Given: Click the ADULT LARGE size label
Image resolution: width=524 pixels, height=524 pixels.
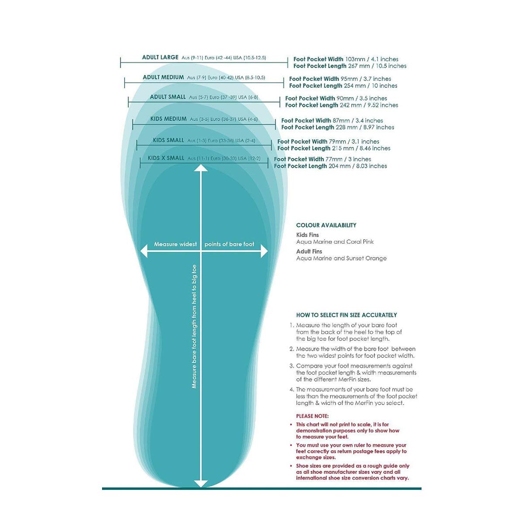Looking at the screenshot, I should click(160, 58).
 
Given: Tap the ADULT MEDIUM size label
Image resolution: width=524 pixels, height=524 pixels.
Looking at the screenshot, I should click(163, 78).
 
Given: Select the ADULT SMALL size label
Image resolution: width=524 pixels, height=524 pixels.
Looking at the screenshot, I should click(168, 97).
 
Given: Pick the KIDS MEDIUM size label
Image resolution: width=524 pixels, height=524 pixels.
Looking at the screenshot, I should click(169, 119).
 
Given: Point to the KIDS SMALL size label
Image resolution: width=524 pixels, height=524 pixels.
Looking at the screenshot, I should click(169, 140).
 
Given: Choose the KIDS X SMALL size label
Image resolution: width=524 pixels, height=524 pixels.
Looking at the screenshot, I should click(166, 158).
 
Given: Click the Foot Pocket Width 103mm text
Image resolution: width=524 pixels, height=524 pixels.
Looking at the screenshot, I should click(345, 59).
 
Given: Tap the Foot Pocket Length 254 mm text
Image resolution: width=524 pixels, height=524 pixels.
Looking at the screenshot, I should click(343, 86).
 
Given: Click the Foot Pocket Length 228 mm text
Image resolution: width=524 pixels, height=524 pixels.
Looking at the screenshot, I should click(338, 128).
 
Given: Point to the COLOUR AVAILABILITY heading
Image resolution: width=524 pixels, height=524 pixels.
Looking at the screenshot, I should click(326, 225).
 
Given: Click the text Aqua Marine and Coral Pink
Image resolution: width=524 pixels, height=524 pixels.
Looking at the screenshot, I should click(335, 242).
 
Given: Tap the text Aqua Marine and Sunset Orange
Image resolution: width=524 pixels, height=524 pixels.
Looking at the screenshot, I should click(341, 259).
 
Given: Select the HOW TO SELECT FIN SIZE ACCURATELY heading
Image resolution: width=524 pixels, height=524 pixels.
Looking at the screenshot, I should click(346, 315).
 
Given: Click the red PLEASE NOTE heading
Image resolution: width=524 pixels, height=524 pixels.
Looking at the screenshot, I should click(312, 416).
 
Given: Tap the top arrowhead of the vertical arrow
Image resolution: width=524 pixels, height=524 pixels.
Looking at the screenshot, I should click(200, 168).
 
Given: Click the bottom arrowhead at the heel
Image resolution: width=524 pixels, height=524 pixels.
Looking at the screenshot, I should click(200, 483).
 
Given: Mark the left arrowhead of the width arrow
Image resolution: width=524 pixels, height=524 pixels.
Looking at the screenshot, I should click(143, 251).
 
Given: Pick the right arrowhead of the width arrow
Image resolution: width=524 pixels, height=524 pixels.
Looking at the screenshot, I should click(264, 251).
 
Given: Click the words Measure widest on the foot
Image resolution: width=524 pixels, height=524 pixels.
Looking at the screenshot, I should click(176, 244).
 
